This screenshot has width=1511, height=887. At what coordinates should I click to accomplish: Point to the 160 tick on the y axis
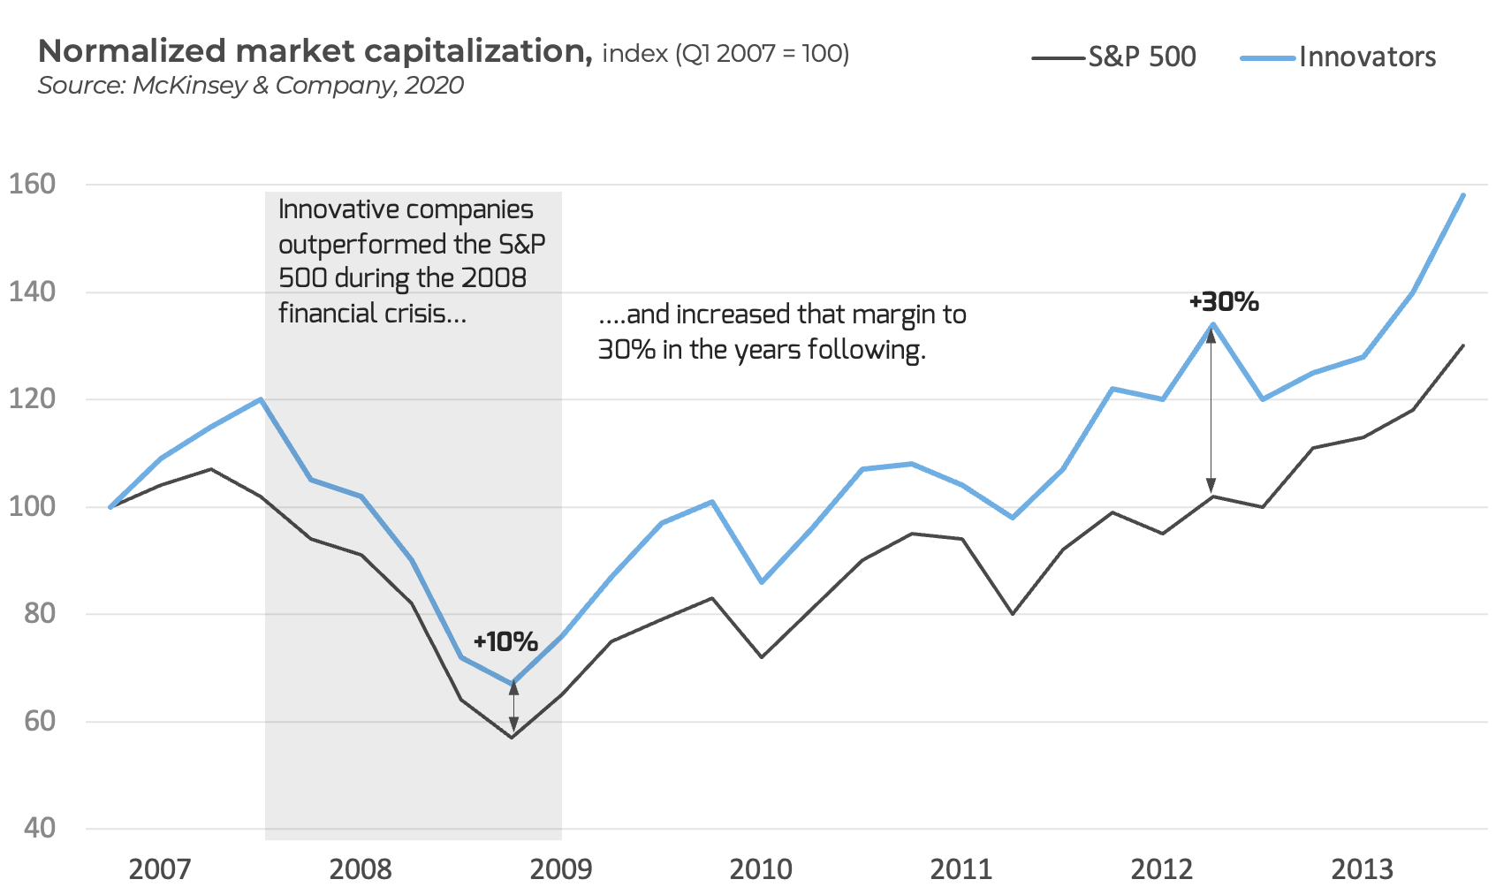coord(33,185)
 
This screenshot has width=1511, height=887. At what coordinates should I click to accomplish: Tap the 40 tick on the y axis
coord(40,829)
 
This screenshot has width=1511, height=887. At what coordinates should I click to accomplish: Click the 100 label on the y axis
coord(33,507)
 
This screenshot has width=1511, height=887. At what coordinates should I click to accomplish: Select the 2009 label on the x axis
coord(560,869)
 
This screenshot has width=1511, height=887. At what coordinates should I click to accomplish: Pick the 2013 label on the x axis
coord(1362,869)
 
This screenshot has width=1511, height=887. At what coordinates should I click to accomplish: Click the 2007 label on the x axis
coord(159,869)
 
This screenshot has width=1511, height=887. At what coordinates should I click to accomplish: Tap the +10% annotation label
coord(505,642)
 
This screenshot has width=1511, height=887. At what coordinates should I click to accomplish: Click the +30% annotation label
coord(1224,302)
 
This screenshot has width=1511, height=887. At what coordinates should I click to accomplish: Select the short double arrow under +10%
coord(513,708)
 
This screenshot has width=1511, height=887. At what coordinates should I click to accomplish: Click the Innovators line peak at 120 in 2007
coord(261,399)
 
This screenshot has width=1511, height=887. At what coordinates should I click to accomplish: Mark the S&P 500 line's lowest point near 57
coord(512,737)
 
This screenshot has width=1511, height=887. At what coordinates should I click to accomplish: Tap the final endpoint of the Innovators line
coord(1463,195)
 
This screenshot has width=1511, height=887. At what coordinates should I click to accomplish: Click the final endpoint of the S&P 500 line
coord(1463,345)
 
